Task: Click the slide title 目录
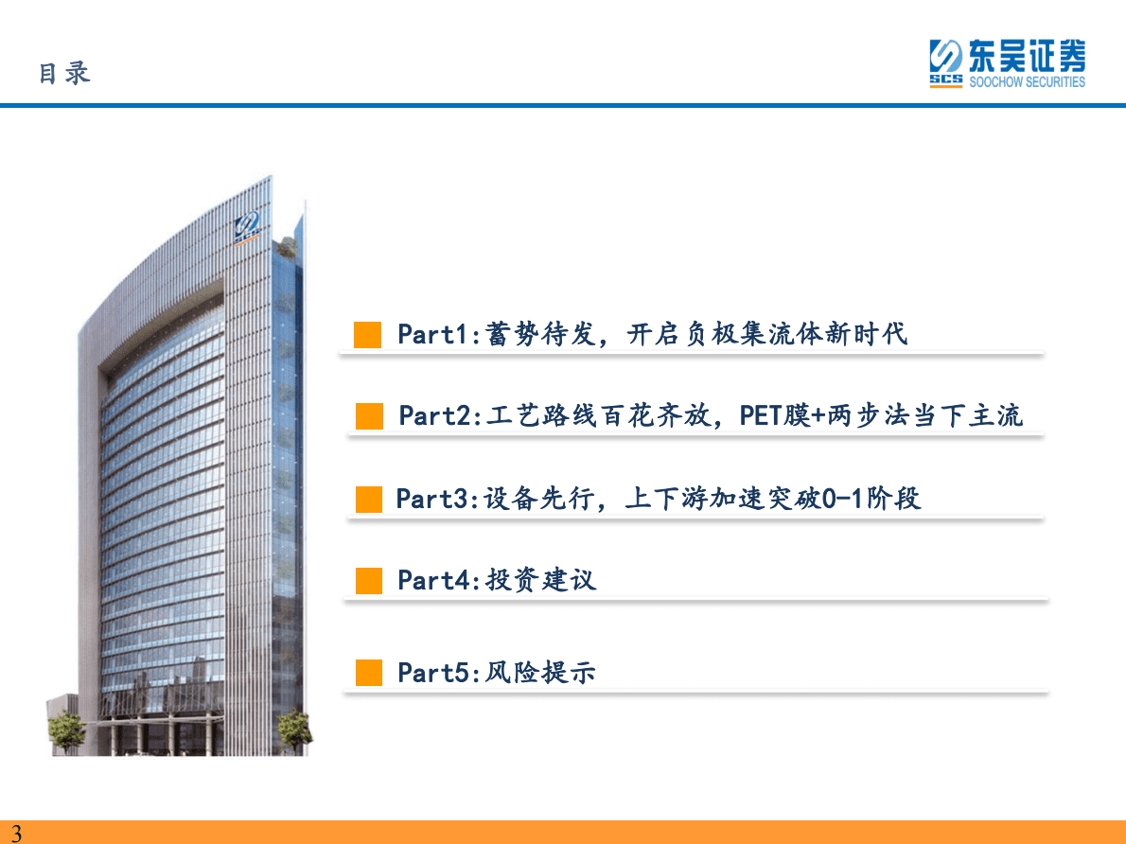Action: [64, 74]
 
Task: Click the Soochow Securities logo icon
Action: [945, 63]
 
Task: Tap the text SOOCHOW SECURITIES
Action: [1027, 82]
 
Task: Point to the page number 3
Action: [15, 834]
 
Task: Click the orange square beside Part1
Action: [368, 334]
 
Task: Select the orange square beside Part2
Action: [369, 416]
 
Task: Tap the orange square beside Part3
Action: [369, 499]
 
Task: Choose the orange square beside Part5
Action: [369, 673]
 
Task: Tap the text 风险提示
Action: [541, 673]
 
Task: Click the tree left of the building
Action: [66, 730]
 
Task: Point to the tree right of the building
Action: [293, 729]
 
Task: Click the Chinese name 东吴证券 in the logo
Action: [1027, 56]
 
